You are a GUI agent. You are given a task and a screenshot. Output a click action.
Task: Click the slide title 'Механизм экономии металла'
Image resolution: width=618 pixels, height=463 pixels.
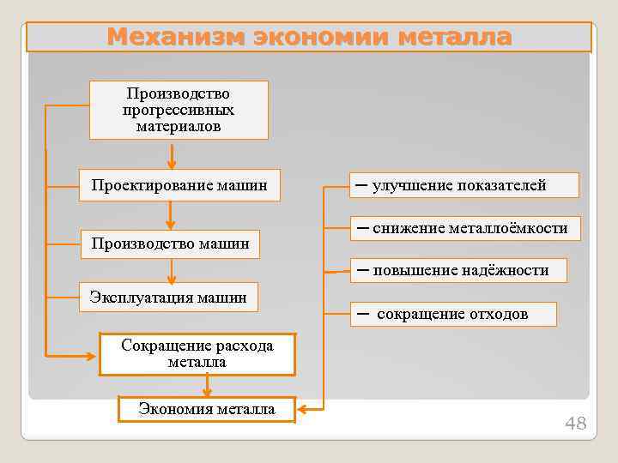click(309, 37)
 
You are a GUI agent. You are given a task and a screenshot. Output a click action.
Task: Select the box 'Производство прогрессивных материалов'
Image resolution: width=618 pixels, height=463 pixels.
click(179, 110)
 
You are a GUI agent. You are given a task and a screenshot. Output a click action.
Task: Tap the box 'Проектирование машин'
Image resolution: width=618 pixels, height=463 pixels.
click(179, 184)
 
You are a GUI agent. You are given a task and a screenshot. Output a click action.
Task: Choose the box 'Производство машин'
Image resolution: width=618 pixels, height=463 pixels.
click(171, 244)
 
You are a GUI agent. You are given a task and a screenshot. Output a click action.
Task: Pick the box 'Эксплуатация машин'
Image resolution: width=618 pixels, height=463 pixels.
click(168, 298)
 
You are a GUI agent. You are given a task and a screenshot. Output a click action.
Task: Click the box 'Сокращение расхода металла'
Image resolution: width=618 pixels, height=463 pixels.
click(197, 354)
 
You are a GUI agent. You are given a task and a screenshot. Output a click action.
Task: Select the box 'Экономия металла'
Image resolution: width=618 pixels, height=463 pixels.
click(207, 409)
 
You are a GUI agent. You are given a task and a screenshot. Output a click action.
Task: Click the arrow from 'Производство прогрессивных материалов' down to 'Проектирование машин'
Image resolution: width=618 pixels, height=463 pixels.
click(172, 156)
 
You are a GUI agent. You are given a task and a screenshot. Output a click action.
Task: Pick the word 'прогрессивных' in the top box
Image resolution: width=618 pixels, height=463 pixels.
click(179, 110)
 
